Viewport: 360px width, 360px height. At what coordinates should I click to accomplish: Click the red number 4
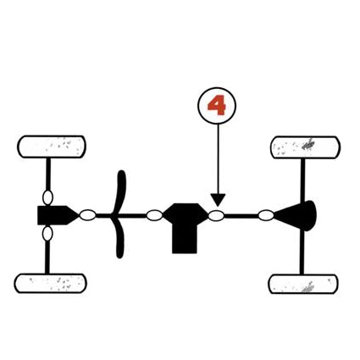click(x=217, y=105)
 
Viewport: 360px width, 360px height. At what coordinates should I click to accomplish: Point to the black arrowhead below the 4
click(x=218, y=200)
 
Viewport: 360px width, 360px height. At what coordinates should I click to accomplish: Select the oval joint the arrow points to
click(x=216, y=216)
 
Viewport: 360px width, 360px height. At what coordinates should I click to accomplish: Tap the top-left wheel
click(x=52, y=147)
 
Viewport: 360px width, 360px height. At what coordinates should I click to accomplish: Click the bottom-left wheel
click(x=50, y=283)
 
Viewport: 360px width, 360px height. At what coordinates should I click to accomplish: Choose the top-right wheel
click(x=305, y=147)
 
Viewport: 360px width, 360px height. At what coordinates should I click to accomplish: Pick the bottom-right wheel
click(x=303, y=284)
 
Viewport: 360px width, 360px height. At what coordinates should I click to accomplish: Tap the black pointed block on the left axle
click(x=57, y=215)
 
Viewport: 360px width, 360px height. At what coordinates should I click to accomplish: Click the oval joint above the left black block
click(x=47, y=197)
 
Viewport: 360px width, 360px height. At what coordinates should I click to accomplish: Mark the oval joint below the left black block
click(x=47, y=234)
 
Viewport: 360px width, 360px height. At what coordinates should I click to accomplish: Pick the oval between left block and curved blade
click(x=88, y=215)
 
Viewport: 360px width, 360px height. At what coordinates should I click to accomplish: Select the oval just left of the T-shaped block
click(x=154, y=215)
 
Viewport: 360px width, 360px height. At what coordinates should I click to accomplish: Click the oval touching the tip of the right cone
click(x=266, y=215)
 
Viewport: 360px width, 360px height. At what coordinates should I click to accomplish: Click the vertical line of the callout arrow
click(x=218, y=159)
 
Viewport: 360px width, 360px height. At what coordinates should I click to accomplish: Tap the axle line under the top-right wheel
click(x=302, y=180)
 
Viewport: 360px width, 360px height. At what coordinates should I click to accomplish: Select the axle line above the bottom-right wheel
click(x=302, y=252)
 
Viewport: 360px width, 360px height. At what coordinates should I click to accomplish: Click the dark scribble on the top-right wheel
click(x=308, y=145)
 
